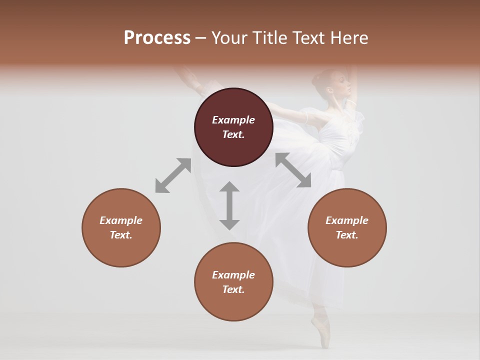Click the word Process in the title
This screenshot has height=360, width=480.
(x=157, y=38)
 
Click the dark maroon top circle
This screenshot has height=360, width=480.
(x=233, y=127)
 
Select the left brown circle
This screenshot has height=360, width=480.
(x=121, y=227)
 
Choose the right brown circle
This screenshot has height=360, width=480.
(x=347, y=227)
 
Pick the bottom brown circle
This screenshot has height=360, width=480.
(x=233, y=282)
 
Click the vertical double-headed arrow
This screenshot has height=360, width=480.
(x=229, y=205)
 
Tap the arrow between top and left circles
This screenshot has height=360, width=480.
(x=173, y=175)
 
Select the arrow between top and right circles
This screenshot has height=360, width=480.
(x=293, y=170)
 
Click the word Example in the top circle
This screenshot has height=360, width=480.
(x=233, y=120)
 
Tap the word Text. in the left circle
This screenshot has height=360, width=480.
(x=121, y=235)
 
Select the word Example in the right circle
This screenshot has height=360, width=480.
(x=347, y=220)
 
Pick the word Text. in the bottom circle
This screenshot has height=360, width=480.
(x=233, y=289)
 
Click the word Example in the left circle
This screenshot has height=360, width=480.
(x=121, y=220)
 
